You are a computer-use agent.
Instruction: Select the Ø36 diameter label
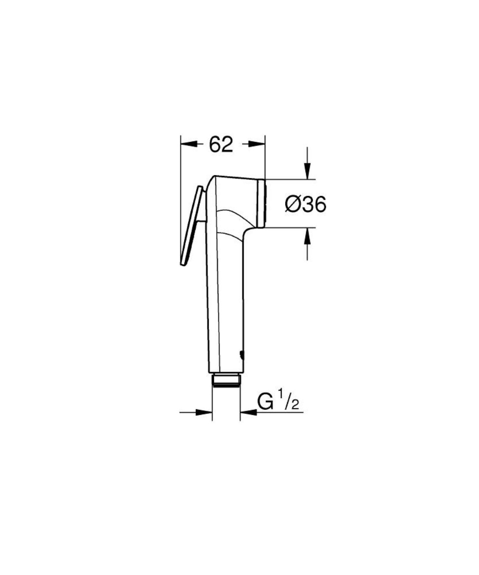click(x=305, y=204)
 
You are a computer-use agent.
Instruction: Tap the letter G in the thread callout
click(x=265, y=402)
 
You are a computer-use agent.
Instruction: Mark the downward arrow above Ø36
click(x=307, y=171)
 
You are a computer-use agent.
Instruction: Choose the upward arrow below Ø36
click(x=307, y=236)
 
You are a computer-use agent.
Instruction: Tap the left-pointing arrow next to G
click(x=249, y=412)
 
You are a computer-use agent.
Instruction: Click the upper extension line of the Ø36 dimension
click(x=290, y=179)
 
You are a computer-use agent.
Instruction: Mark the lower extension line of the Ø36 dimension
click(x=290, y=228)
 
